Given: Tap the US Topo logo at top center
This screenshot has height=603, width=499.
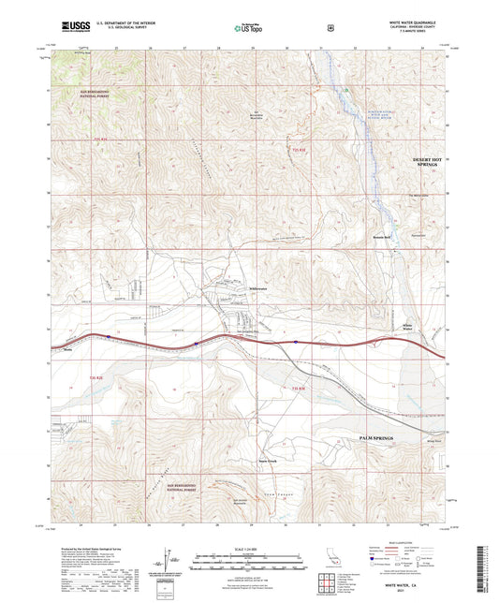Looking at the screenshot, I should tap(247, 28).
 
